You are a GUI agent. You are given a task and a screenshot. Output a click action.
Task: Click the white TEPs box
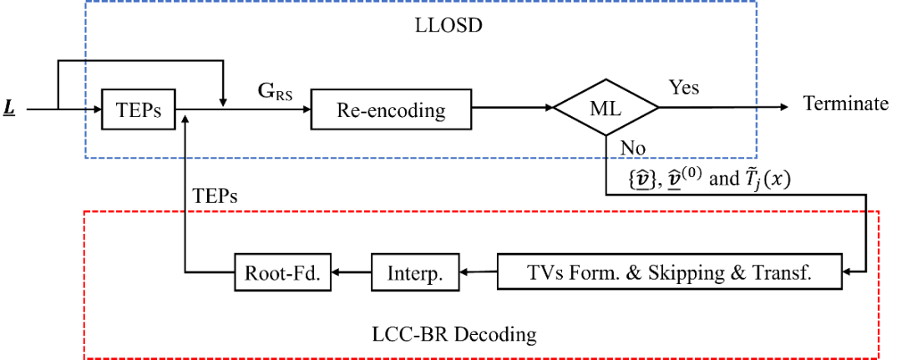[138, 110]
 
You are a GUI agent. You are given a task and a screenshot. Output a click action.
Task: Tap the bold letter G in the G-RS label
[266, 91]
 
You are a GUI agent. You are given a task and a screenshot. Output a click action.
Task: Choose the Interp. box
[415, 273]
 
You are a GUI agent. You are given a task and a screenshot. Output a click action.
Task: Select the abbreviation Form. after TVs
[596, 272]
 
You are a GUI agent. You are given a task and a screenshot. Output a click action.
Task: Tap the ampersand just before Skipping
[635, 272]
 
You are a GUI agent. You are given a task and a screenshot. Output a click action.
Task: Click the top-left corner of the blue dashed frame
[85, 2]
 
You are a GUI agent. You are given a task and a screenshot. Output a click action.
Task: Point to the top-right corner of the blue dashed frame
[757, 2]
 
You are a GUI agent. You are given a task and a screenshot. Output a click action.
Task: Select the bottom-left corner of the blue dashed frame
[85, 157]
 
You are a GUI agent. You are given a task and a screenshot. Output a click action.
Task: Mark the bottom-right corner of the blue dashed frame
[757, 157]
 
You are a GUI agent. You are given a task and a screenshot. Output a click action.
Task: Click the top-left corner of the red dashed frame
[84, 212]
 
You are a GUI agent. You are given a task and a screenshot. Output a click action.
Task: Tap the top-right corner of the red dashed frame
[879, 212]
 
